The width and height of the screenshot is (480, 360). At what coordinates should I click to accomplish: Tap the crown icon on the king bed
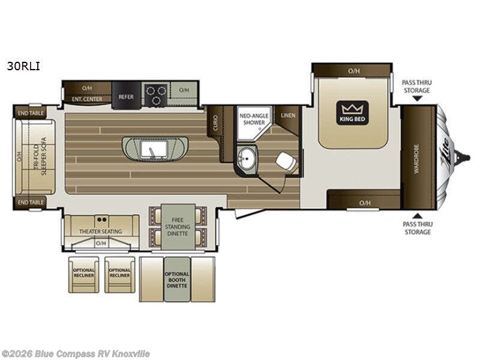click(x=353, y=109)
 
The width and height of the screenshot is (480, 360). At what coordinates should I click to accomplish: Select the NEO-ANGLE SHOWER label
click(x=252, y=118)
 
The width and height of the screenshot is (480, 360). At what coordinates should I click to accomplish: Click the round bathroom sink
click(x=245, y=158)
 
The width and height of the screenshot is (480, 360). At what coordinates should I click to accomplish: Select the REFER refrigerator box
click(x=126, y=96)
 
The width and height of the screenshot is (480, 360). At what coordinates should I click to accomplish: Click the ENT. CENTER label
click(x=87, y=98)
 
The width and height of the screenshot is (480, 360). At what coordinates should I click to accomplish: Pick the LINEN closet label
click(x=287, y=115)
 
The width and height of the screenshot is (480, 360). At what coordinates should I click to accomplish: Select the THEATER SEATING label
click(x=101, y=231)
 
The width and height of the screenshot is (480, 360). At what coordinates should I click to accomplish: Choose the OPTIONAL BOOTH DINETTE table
click(x=176, y=279)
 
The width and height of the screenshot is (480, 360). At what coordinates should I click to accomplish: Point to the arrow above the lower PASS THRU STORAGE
click(x=416, y=215)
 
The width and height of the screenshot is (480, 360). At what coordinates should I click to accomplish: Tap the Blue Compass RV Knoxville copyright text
click(x=76, y=354)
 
